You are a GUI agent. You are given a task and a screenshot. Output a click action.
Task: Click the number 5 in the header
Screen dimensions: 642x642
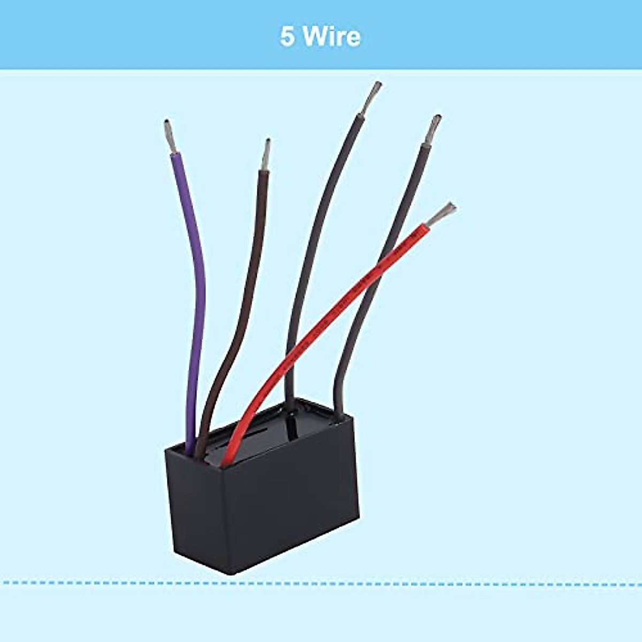pyautogui.click(x=287, y=37)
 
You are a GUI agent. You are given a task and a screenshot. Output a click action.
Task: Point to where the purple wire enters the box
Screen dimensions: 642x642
pyautogui.click(x=190, y=453)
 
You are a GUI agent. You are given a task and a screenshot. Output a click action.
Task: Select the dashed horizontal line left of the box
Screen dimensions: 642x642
pyautogui.click(x=80, y=582)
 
